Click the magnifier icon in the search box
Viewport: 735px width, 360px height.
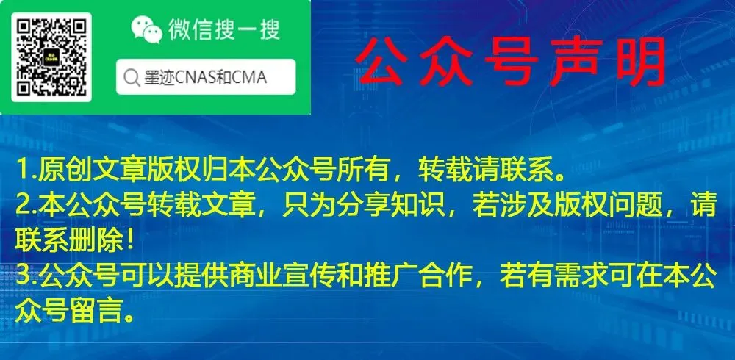[132, 78]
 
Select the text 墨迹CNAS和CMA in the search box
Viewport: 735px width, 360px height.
[205, 78]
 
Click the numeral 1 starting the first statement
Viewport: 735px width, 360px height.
[21, 170]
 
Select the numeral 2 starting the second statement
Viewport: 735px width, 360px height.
[23, 206]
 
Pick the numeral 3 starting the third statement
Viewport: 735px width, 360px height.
[23, 278]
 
